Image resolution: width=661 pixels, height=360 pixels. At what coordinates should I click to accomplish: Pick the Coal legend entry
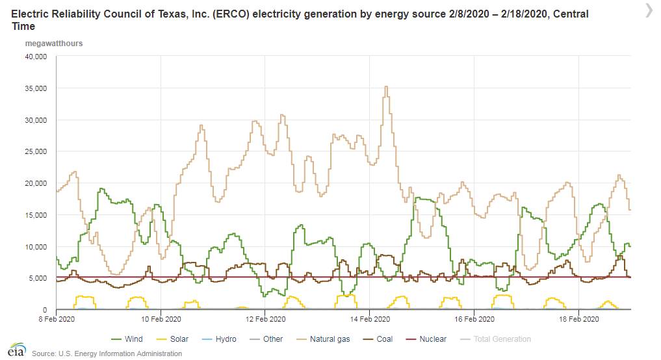383,339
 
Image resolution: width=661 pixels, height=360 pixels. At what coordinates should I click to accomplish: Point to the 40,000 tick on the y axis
35,57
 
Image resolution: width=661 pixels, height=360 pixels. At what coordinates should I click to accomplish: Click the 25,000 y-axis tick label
35,151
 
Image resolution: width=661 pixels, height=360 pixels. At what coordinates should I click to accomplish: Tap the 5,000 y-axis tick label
37,278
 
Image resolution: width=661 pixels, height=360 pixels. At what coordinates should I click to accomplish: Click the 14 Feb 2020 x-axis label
369,319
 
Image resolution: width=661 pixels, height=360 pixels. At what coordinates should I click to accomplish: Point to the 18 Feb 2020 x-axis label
579,319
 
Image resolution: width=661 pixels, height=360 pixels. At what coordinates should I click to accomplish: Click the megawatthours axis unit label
53,44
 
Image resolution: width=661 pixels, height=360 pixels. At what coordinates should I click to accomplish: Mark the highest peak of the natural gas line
386,87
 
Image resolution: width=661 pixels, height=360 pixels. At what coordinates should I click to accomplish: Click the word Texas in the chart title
186,14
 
